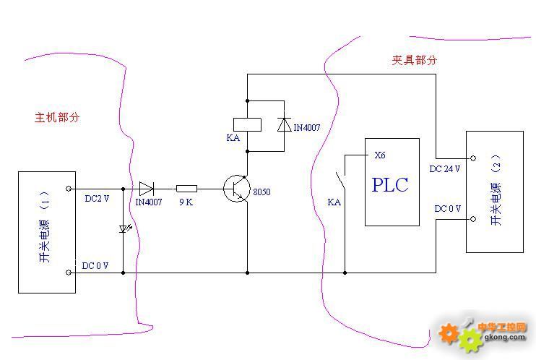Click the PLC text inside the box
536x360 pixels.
pyautogui.click(x=390, y=185)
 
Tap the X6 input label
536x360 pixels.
pyautogui.click(x=380, y=155)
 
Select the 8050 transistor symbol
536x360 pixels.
pyautogui.click(x=236, y=188)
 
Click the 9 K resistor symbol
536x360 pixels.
pyautogui.click(x=186, y=189)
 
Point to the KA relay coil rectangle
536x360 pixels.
pyautogui.click(x=248, y=124)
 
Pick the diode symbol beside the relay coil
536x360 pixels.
pyautogui.click(x=284, y=124)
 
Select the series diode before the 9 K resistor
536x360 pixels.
pyautogui.click(x=147, y=189)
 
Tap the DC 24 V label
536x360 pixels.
pyautogui.click(x=445, y=168)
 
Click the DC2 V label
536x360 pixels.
pyautogui.click(x=97, y=199)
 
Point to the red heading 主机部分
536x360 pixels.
pyautogui.click(x=57, y=117)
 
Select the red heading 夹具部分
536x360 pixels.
pyautogui.click(x=415, y=60)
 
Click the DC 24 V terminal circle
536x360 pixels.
pyautogui.click(x=473, y=158)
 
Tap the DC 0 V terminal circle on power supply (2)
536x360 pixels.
pyautogui.click(x=473, y=218)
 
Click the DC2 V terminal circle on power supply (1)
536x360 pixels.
pyautogui.click(x=69, y=189)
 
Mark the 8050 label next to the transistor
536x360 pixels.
pyautogui.click(x=261, y=192)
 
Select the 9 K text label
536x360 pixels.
pyautogui.click(x=186, y=202)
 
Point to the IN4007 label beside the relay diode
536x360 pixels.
pyautogui.click(x=307, y=128)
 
